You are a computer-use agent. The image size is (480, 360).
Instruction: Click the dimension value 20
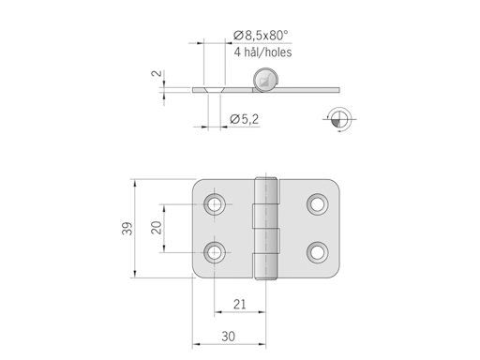click(156, 227)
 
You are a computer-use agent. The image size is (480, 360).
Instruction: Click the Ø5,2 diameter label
click(245, 118)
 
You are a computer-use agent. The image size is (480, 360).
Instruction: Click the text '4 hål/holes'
click(262, 52)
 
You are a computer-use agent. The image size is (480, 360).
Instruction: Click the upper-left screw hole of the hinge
click(217, 203)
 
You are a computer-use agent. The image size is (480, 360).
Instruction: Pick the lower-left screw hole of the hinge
click(217, 250)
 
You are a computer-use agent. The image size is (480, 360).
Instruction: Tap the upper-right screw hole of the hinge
click(318, 203)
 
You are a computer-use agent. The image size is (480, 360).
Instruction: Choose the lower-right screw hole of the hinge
click(318, 250)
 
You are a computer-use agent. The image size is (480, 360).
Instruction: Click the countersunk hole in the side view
click(212, 90)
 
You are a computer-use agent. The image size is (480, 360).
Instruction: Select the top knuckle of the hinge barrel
click(269, 193)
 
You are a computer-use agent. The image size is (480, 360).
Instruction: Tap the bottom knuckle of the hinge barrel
click(269, 262)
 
